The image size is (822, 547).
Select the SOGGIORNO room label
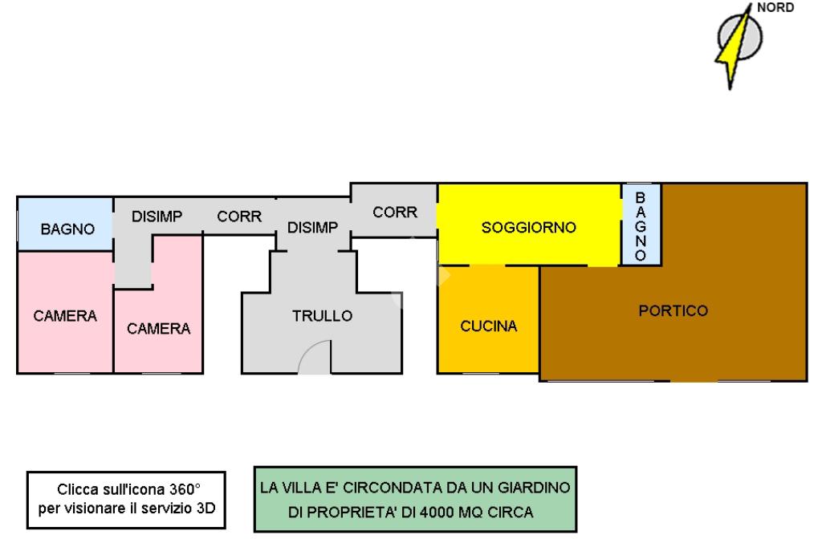coord(528,228)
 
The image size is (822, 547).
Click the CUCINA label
coord(488,326)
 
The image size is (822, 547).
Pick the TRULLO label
coord(322,316)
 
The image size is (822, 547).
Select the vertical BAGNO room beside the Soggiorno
coord(641,225)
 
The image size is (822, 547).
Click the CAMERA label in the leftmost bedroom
coord(65,316)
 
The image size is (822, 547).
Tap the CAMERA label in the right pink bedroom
coord(159,328)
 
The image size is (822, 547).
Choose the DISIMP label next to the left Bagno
coord(157,217)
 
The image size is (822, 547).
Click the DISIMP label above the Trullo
coord(313,228)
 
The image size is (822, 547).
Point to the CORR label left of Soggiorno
coord(395,213)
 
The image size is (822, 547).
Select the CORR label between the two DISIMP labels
coord(239,217)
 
